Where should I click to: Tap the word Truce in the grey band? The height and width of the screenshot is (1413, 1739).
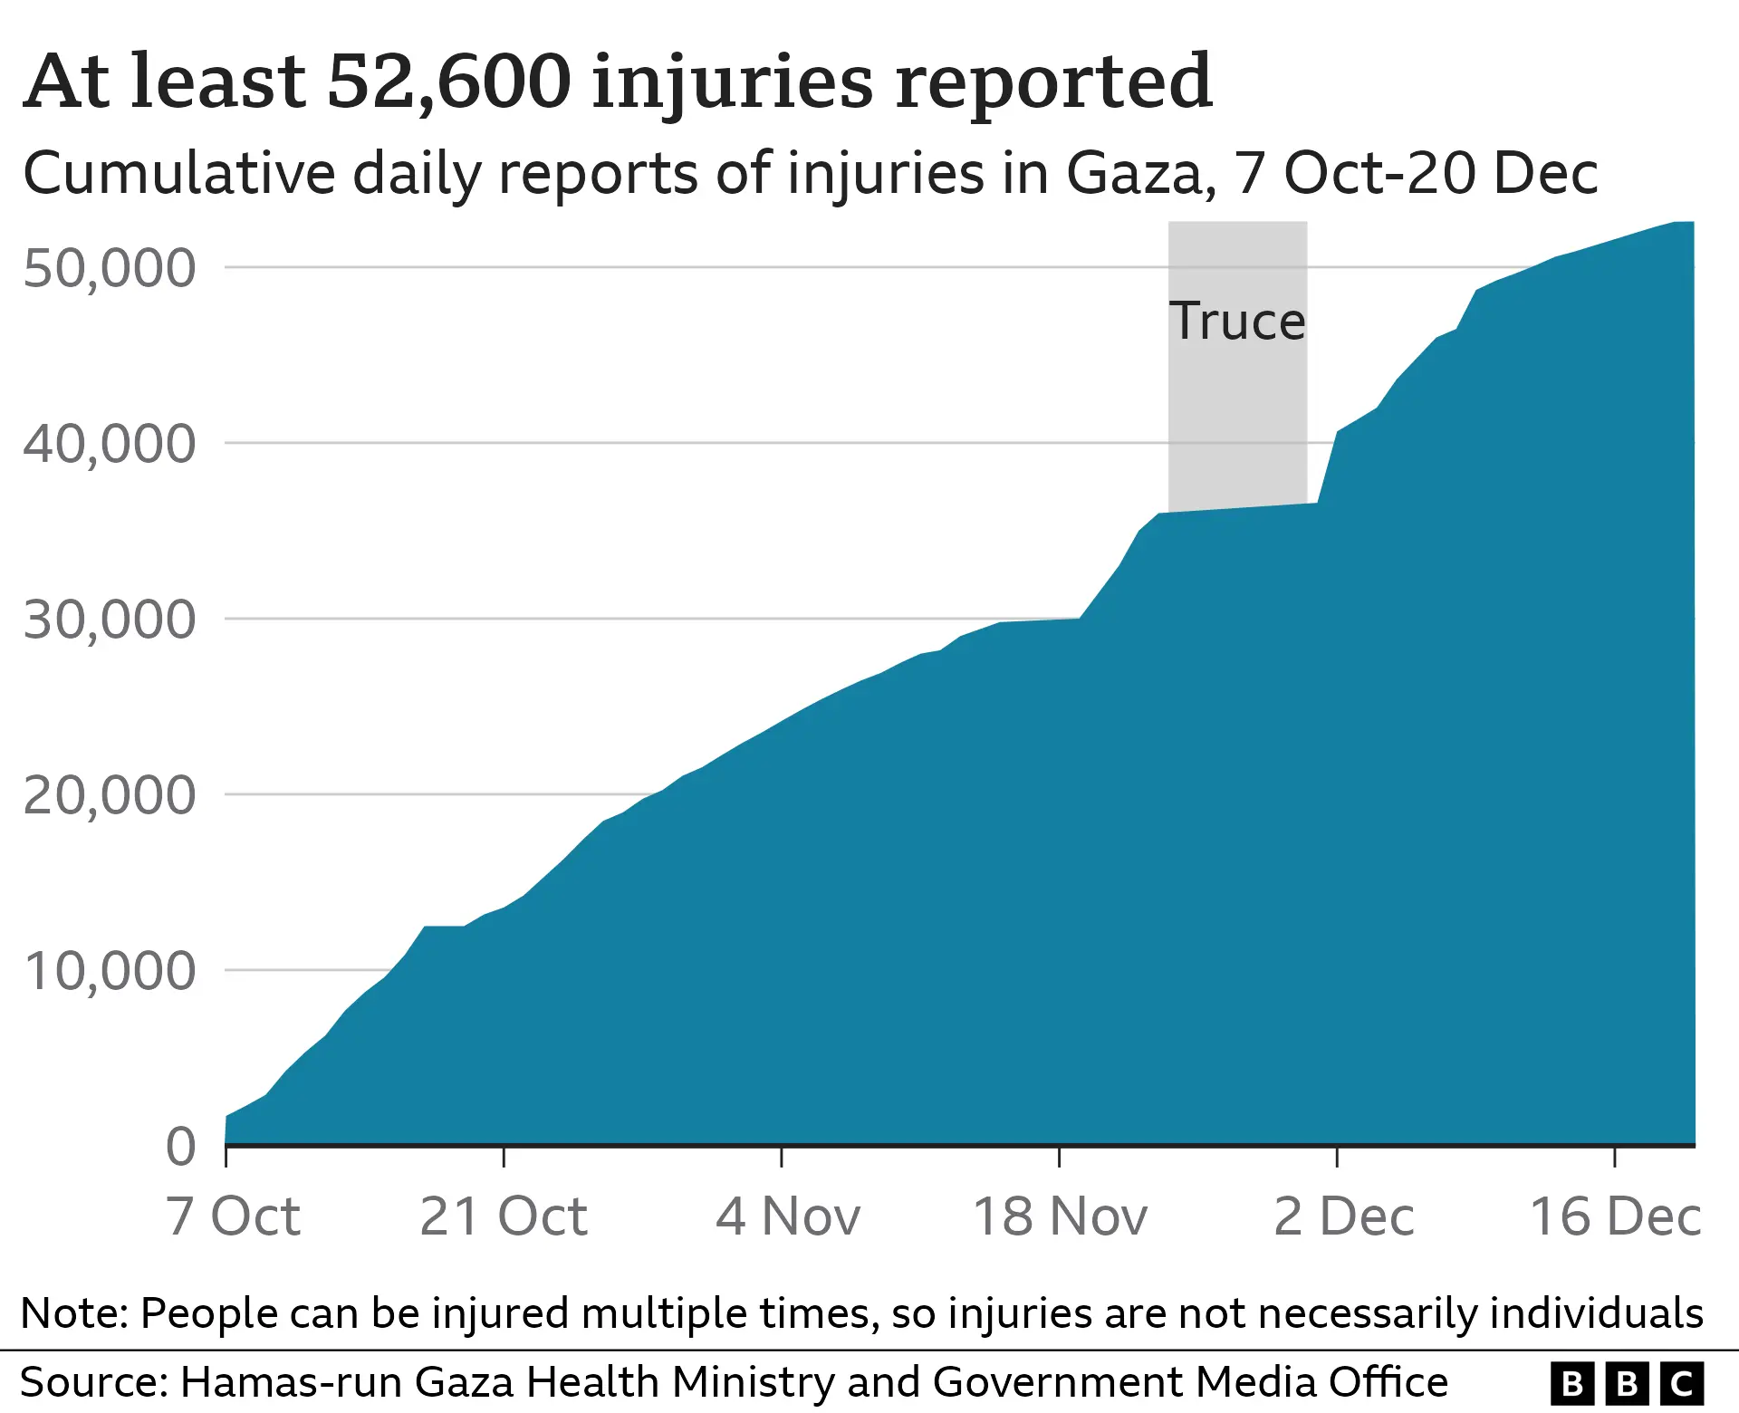[1237, 321]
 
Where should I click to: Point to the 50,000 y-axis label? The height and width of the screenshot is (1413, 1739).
[109, 268]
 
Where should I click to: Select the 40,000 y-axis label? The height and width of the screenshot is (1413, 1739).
[109, 444]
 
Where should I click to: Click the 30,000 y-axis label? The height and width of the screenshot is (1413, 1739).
[109, 620]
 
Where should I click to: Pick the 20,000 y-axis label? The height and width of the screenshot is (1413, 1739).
[109, 795]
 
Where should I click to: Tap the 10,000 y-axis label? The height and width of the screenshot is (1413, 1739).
[109, 971]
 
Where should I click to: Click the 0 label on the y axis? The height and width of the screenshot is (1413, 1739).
[181, 1147]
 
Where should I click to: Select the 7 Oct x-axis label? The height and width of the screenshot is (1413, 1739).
[233, 1216]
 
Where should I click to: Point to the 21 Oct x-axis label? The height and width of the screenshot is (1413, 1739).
[504, 1216]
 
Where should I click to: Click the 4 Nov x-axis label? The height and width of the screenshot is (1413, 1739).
[787, 1216]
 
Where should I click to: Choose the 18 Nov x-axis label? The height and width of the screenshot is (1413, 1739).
[1060, 1216]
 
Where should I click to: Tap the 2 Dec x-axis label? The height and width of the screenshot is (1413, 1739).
[1343, 1216]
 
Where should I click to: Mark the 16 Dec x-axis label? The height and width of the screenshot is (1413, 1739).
[1615, 1216]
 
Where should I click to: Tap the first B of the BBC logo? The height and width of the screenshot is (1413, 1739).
[1573, 1384]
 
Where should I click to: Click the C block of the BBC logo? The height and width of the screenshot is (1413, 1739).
[1682, 1384]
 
